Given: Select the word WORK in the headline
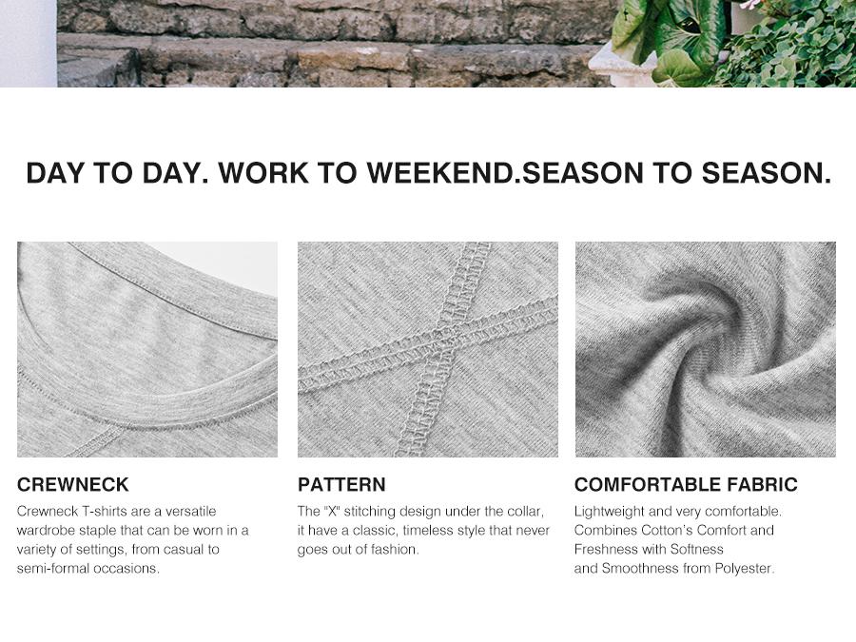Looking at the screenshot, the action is pos(263,172).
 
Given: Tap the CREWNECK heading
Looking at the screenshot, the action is pos(72,484).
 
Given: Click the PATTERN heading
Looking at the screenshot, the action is pos(341,484).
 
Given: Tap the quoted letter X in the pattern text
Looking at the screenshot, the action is pos(331,511).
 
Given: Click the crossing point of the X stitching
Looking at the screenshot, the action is pos(448,341).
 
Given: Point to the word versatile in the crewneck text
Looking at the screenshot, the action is pos(190,512).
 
